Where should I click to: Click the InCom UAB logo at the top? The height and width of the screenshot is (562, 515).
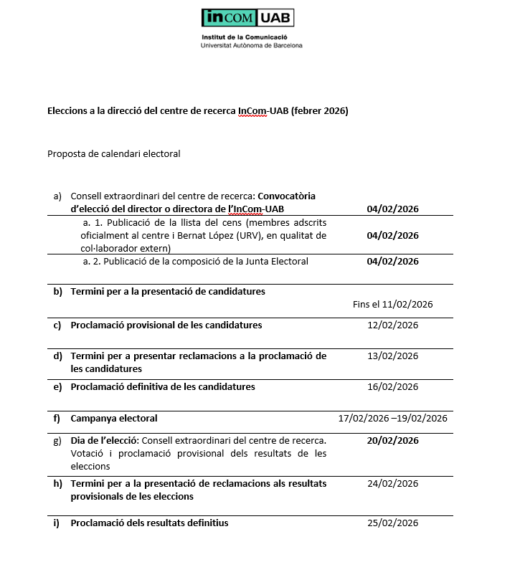click(x=247, y=18)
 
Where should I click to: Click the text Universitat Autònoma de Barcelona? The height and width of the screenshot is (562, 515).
click(x=252, y=45)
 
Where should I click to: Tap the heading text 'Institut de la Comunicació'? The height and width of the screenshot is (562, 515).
click(x=245, y=37)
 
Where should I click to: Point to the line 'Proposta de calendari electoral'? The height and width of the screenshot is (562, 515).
click(x=113, y=153)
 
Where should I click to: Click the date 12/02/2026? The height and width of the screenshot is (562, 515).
click(x=392, y=325)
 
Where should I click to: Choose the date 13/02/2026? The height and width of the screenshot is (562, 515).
click(x=392, y=356)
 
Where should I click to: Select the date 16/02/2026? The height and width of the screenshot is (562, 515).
click(x=392, y=387)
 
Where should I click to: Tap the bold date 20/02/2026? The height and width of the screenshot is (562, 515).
click(x=392, y=440)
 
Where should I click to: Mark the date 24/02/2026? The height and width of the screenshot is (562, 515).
click(x=392, y=484)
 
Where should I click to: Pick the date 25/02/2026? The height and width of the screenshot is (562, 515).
click(x=392, y=523)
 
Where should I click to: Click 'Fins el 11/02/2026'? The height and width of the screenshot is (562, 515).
click(x=392, y=304)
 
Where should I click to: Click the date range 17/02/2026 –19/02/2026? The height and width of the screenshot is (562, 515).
click(x=392, y=419)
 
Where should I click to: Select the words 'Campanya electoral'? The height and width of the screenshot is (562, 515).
click(x=113, y=419)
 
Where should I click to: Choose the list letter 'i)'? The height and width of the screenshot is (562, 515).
click(x=57, y=523)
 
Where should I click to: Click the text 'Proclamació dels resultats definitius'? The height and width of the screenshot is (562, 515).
click(x=149, y=523)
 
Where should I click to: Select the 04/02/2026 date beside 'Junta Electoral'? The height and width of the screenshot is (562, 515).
click(x=392, y=262)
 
